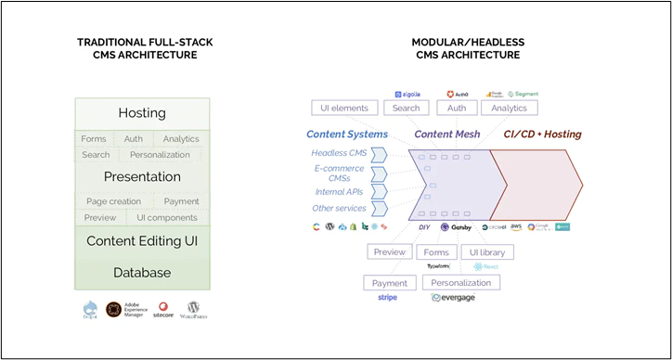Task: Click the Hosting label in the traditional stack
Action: (142, 113)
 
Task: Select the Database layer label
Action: (142, 273)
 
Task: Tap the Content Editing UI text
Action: (142, 241)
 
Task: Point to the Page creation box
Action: (113, 201)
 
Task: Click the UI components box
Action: (167, 218)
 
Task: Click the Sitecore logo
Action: (162, 310)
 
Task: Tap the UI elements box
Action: (344, 109)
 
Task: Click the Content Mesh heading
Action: (446, 135)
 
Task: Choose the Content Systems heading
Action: (346, 135)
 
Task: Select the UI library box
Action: (486, 251)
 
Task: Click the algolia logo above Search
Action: (409, 94)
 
